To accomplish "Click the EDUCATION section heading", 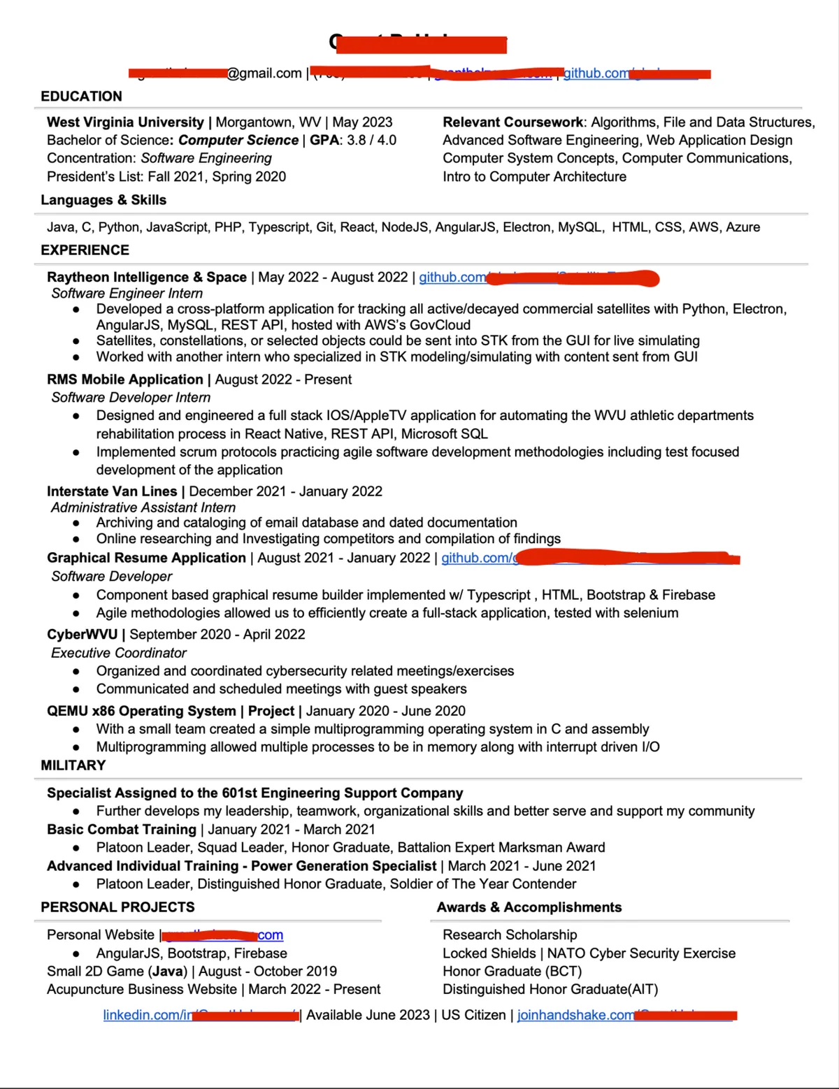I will coord(81,96).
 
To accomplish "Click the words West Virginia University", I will coord(125,122).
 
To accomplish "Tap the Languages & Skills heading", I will coord(103,200).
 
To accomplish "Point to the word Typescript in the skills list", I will coord(278,227).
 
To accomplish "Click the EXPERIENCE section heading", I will coord(85,250).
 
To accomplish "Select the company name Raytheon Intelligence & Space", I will coord(146,277).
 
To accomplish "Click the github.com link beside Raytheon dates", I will coord(452,277).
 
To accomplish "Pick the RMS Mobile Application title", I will coord(124,379).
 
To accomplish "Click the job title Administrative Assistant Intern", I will coord(143,507).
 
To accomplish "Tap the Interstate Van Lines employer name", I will coord(112,491).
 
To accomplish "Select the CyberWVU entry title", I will coord(82,634).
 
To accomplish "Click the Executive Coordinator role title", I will coord(119,653).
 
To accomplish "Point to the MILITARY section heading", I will coord(73,765).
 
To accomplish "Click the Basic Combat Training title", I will coord(122,829).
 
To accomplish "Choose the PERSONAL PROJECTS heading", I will coord(117,907).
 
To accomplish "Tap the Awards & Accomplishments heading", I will coord(529,907).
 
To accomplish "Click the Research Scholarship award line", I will coord(510,935).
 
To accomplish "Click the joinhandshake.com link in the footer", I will coord(575,1015).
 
